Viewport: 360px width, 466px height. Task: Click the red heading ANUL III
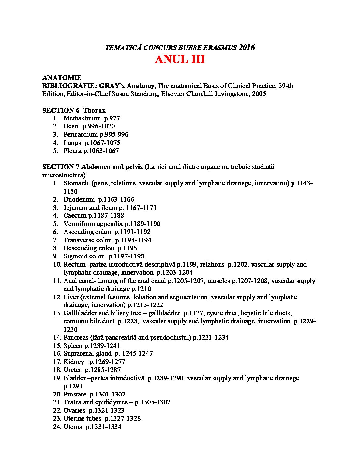[180, 60]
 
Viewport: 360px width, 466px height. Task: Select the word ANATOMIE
[62, 78]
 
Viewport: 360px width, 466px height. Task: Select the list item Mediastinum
[82, 118]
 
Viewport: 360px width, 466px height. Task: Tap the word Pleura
[72, 151]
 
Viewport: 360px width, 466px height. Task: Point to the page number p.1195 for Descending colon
[127, 248]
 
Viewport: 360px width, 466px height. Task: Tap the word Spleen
[73, 346]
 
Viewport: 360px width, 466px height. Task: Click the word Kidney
[74, 362]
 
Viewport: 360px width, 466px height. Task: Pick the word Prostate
[75, 395]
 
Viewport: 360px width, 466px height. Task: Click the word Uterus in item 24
[72, 427]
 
